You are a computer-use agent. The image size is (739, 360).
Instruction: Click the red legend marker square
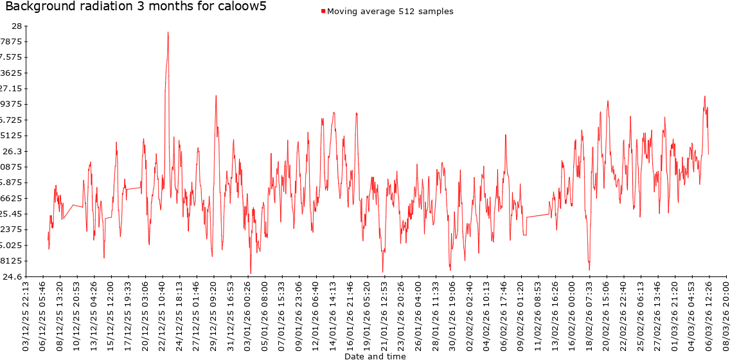(323, 12)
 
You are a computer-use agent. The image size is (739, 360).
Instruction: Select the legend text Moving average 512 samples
(390, 12)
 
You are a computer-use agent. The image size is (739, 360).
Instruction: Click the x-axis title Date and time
(375, 355)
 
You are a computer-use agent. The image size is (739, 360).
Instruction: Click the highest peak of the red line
(168, 32)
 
